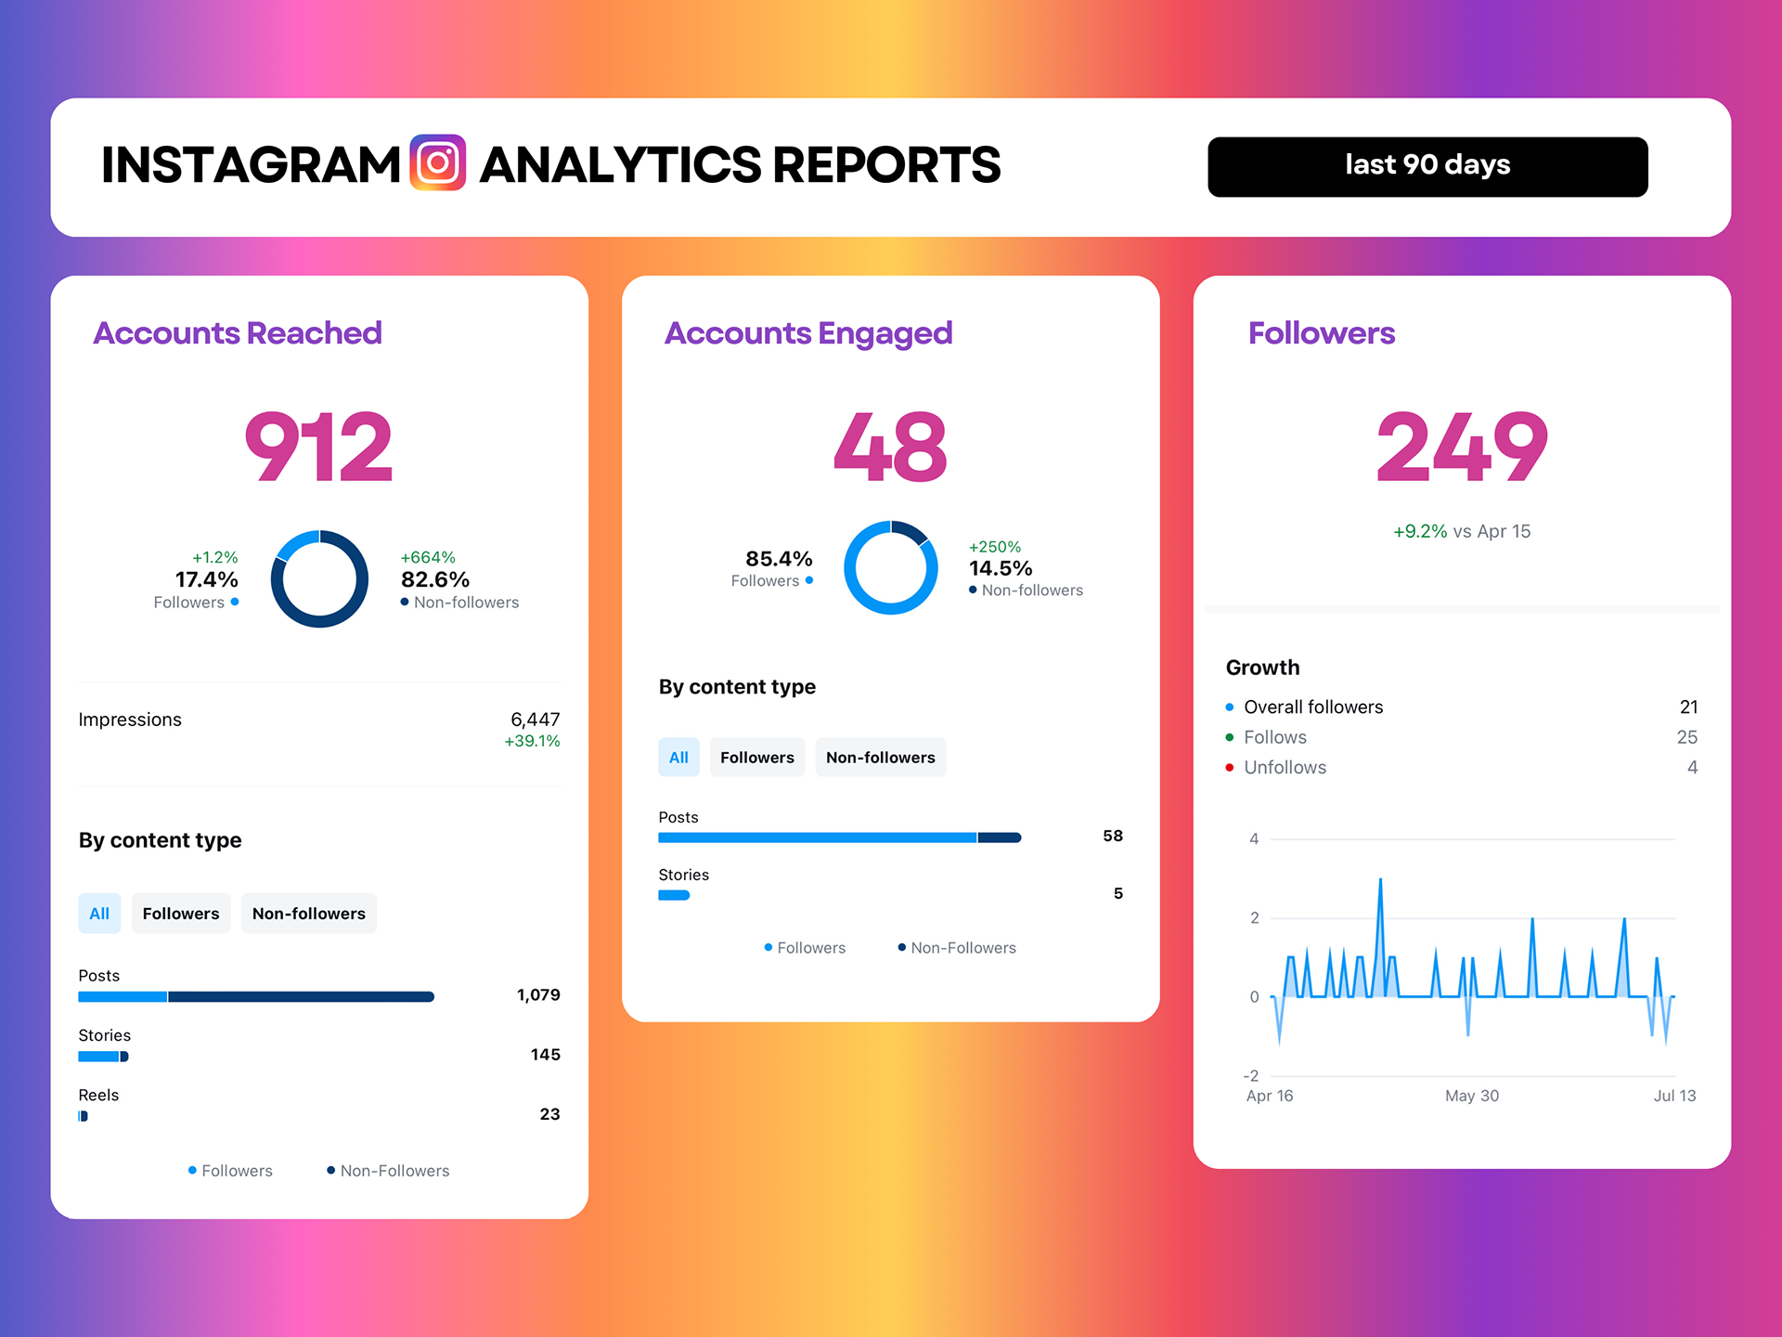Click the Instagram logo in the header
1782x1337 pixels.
437,163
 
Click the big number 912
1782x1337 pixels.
318,448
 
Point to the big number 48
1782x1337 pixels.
890,448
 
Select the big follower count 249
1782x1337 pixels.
1462,448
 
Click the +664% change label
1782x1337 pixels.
428,557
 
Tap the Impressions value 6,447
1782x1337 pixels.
535,720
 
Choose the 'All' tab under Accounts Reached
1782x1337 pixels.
99,914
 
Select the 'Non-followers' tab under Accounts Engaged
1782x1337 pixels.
880,758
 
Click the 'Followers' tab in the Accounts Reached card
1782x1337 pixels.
181,914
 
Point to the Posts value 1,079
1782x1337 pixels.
538,995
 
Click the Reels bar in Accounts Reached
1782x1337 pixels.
84,1116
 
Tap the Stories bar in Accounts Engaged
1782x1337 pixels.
674,895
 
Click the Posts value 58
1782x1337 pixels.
1112,836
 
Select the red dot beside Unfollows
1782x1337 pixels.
1230,768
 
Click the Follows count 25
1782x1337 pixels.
1686,737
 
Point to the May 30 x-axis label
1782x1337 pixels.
1471,1096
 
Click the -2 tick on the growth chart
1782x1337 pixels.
1251,1075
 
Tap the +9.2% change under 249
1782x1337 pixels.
1420,531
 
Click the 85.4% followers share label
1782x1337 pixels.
779,559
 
